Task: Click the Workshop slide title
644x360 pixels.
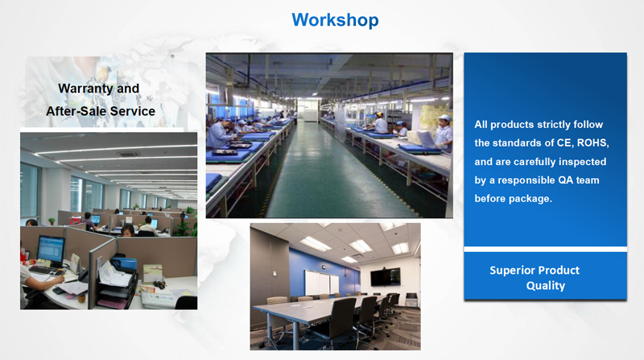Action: coord(335,19)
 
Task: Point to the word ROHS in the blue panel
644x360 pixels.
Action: coord(592,143)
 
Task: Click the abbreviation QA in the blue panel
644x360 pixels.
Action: coord(566,180)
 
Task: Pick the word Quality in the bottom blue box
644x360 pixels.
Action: coord(546,286)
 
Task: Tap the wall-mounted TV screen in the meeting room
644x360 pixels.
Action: coord(386,277)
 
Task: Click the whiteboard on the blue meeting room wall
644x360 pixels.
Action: coord(321,283)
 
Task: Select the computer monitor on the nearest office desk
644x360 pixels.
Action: coord(51,250)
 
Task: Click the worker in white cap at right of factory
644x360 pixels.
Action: coord(444,132)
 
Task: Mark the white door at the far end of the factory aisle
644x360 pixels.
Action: coord(308,110)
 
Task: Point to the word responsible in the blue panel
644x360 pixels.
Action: coord(526,180)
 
